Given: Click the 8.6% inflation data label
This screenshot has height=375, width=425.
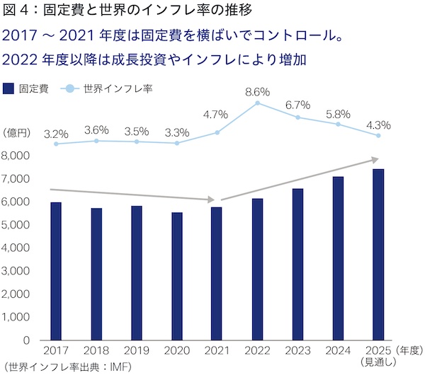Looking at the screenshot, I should click(257, 91).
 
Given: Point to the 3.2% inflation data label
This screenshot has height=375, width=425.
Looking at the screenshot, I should click(56, 132).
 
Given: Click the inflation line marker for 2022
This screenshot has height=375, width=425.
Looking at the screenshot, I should click(257, 103).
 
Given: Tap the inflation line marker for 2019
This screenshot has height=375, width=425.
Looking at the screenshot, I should click(137, 142).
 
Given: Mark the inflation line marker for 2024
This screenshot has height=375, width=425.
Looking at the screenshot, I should click(338, 125).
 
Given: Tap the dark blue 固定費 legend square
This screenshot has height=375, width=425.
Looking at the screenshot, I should click(8, 88).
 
